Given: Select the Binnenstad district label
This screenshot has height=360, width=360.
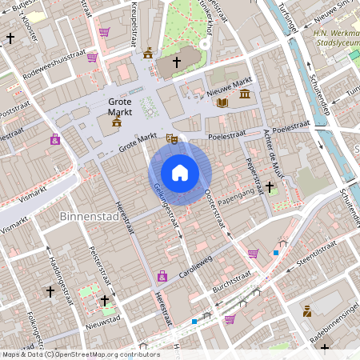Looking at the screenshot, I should pos(87,217).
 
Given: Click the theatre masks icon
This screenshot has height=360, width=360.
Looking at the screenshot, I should pos(170,139).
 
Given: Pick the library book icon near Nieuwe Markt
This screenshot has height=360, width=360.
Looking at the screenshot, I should pos(222,102).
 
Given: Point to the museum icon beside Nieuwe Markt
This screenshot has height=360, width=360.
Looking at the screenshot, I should pos(244,94).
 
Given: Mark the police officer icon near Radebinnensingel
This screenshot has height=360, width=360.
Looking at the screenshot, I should pos(306,310).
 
